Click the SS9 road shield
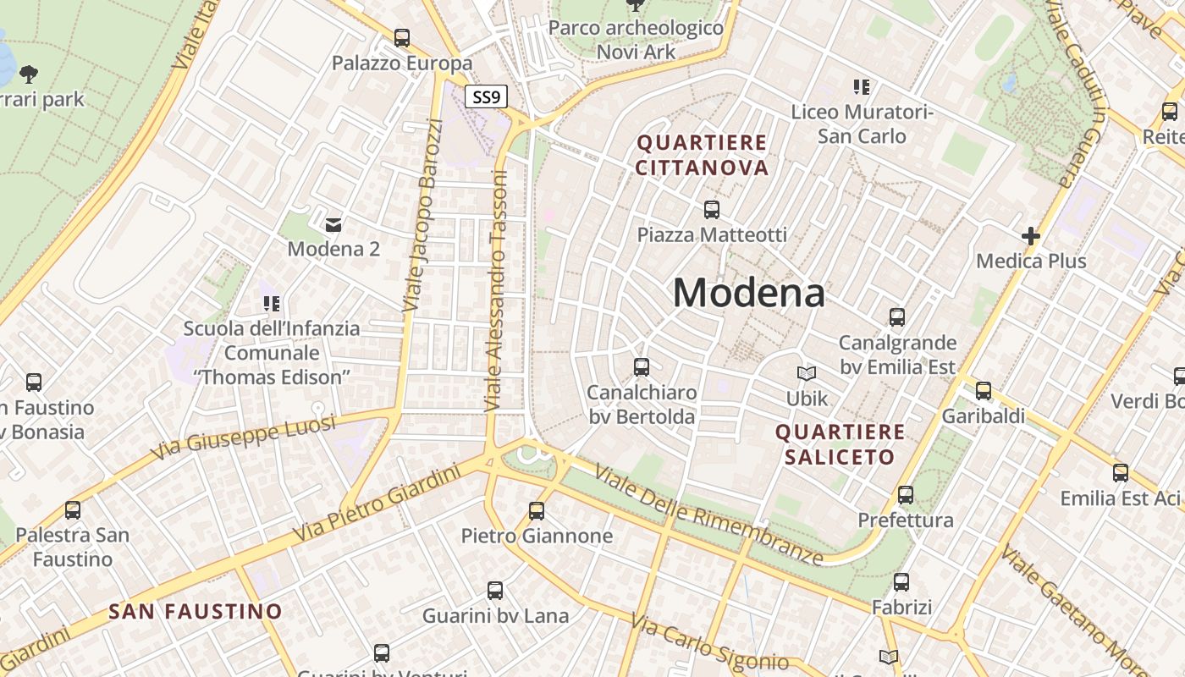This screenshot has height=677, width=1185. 486,96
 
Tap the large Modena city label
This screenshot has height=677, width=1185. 748,294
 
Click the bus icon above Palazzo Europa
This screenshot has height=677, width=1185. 402,38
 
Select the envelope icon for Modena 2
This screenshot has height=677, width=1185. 333,224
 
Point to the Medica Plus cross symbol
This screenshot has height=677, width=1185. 1030,236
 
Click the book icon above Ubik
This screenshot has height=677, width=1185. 807,373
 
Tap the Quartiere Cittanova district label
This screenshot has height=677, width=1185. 702,155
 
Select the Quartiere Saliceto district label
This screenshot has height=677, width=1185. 840,444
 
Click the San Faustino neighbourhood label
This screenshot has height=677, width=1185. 196,611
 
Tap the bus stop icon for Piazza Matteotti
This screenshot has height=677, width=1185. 712,209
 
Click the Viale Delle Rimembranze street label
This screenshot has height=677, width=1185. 708,515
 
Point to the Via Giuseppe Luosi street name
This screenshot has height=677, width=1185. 243,438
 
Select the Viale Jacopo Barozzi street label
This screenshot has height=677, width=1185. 422,216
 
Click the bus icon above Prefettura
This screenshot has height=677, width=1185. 906,495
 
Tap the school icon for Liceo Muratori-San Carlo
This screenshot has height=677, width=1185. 862,86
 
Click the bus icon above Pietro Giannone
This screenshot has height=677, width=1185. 537,510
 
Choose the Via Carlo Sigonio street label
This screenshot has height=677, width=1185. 710,644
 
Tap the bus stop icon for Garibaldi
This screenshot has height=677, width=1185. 983,391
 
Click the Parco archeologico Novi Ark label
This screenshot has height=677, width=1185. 636,40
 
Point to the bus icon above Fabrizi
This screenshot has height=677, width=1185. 901,582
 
